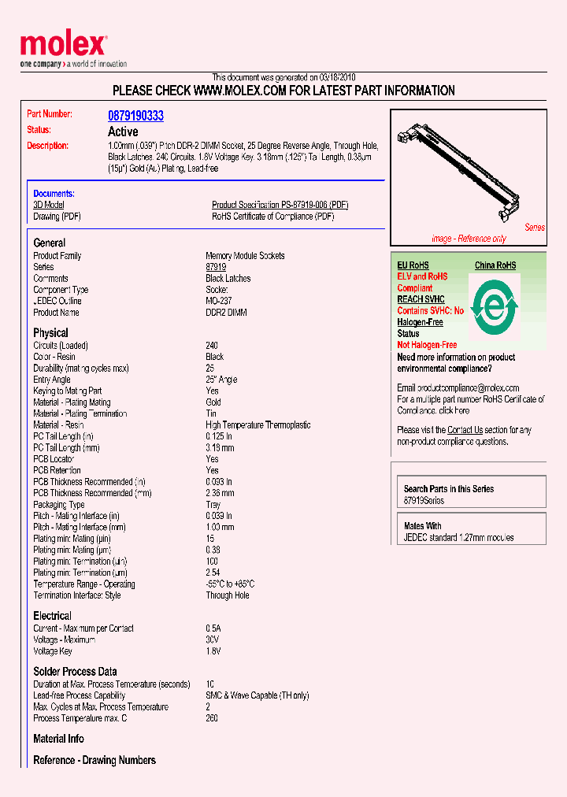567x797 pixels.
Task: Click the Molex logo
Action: pos(63,46)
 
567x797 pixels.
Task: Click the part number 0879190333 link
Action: pos(135,116)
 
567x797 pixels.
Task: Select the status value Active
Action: pos(123,132)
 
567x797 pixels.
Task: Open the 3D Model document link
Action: pos(48,205)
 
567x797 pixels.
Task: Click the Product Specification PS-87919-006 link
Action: pos(280,205)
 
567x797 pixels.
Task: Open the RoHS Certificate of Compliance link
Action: pos(272,217)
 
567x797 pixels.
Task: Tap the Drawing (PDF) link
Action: pos(57,217)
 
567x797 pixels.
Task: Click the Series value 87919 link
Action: pos(216,267)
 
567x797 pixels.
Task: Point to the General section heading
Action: pos(50,243)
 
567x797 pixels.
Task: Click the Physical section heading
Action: pos(50,333)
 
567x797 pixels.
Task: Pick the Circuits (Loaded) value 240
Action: pos(212,346)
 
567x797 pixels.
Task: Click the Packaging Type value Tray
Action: pos(213,505)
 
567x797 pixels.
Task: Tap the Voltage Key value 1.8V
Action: pos(213,651)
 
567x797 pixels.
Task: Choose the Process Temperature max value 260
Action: pos(212,718)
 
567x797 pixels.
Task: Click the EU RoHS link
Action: pos(413,265)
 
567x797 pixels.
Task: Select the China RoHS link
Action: pos(495,265)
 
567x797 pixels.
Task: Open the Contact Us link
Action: pos(465,430)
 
